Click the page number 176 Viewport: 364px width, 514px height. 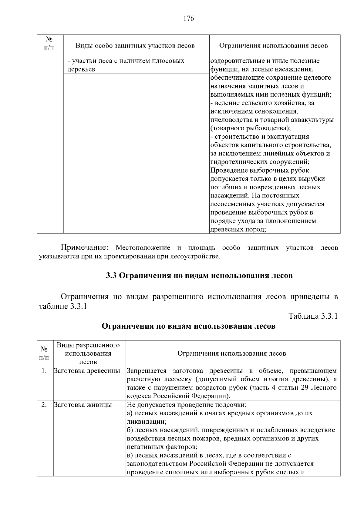pyautogui.click(x=188, y=18)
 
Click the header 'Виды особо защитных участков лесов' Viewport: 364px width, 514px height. pyautogui.click(x=135, y=46)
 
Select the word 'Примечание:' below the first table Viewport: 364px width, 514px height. pyautogui.click(x=85, y=247)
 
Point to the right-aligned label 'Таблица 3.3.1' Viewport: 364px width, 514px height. pyautogui.click(x=313, y=316)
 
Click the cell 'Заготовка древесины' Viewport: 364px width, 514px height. pyautogui.click(x=87, y=371)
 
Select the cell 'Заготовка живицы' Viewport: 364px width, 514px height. pyautogui.click(x=83, y=405)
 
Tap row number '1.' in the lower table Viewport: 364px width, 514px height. pyautogui.click(x=44, y=371)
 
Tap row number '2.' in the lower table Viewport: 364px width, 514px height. pyautogui.click(x=44, y=405)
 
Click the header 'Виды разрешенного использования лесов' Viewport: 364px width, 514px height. pyautogui.click(x=88, y=353)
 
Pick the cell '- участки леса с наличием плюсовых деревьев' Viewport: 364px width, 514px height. pyautogui.click(x=126, y=65)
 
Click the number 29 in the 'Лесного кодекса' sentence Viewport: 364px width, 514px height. pyautogui.click(x=304, y=388)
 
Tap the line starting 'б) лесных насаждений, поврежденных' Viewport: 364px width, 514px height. pyautogui.click(x=231, y=430)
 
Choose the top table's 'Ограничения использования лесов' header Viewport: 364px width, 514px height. pyautogui.click(x=273, y=46)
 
